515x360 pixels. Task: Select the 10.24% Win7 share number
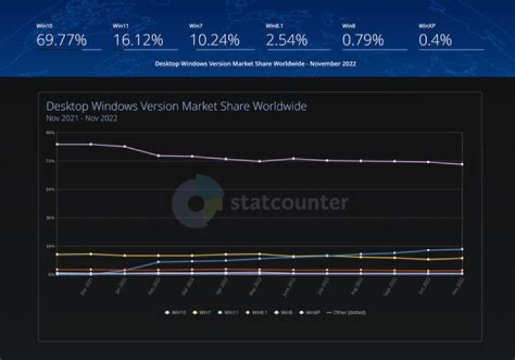pos(214,40)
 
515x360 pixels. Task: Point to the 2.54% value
pos(287,40)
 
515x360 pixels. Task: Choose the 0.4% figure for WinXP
pos(436,40)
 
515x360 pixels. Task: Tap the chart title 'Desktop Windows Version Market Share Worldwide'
pos(177,107)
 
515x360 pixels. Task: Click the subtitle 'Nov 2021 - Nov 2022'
pos(72,119)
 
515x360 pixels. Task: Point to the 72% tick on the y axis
pos(50,161)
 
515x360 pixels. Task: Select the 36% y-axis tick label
pos(50,218)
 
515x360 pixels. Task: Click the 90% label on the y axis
pos(50,132)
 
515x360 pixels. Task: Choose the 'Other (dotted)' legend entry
pos(349,312)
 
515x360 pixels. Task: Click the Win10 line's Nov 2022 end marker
pos(461,165)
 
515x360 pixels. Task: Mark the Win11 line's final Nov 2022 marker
pos(461,249)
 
